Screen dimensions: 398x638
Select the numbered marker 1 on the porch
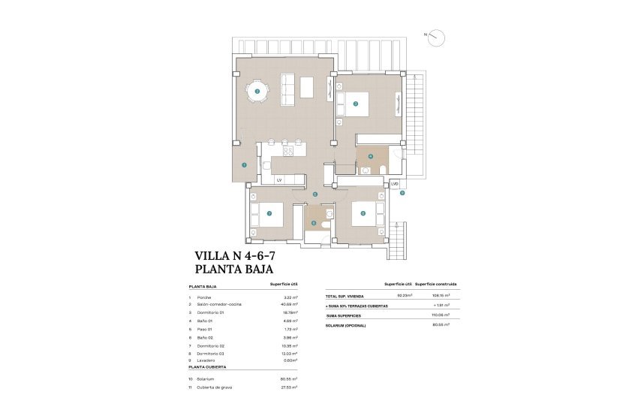coord(244,164)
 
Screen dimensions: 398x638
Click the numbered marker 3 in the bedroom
coord(356,104)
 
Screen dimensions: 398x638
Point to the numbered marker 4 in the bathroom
coord(370,157)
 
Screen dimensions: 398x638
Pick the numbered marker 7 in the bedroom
coord(269,213)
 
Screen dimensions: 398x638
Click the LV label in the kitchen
coord(278,180)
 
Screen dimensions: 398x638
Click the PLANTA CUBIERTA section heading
coord(207,368)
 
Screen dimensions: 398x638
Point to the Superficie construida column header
coord(436,285)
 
